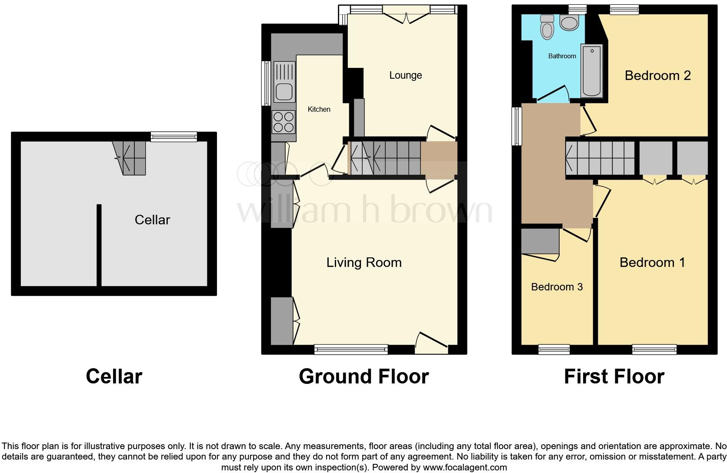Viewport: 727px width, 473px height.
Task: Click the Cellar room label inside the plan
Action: [152, 220]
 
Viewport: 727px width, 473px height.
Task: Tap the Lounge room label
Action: [405, 75]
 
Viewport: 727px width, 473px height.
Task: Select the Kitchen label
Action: [319, 109]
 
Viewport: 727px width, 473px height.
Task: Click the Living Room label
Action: [364, 262]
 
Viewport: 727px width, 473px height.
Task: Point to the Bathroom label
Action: [562, 56]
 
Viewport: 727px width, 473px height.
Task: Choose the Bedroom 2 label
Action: [657, 75]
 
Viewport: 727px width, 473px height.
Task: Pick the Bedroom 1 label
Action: [652, 262]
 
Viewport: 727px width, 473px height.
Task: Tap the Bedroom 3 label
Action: [557, 286]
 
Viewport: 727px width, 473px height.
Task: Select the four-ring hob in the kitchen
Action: [283, 122]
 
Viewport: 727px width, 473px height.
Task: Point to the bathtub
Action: [592, 71]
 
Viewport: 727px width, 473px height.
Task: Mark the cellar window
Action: [173, 137]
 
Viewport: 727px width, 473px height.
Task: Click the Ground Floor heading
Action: [363, 376]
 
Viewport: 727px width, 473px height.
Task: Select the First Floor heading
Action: [614, 376]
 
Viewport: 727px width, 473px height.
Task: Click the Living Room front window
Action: [351, 349]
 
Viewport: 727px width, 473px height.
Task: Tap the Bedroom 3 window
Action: [554, 349]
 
